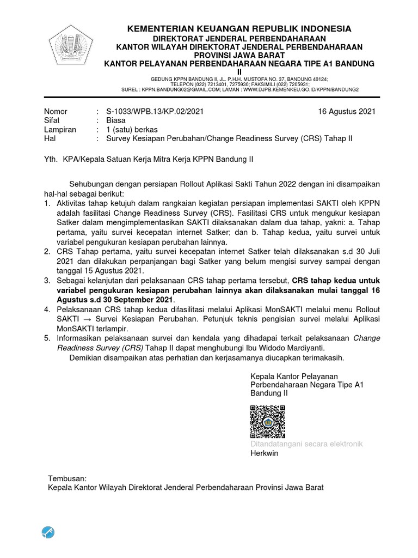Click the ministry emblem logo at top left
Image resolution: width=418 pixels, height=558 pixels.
pyautogui.click(x=72, y=48)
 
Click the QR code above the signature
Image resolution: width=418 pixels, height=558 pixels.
pyautogui.click(x=268, y=422)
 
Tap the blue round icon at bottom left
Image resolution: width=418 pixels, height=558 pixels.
pyautogui.click(x=48, y=532)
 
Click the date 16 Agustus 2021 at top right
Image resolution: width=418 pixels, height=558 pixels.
pyautogui.click(x=347, y=112)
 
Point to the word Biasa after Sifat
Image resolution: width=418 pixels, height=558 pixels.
pyautogui.click(x=116, y=120)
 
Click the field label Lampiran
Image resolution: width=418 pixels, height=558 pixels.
pyautogui.click(x=60, y=130)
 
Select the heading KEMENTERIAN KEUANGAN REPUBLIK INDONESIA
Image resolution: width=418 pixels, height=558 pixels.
pyautogui.click(x=239, y=28)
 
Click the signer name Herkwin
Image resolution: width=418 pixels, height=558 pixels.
pyautogui.click(x=264, y=453)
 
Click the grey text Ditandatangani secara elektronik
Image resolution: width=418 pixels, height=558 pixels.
pyautogui.click(x=306, y=444)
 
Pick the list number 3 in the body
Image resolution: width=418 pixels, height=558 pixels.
pyautogui.click(x=47, y=280)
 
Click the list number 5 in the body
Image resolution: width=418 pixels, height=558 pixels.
pyautogui.click(x=47, y=338)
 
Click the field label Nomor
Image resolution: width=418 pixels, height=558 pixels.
pyautogui.click(x=56, y=112)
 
